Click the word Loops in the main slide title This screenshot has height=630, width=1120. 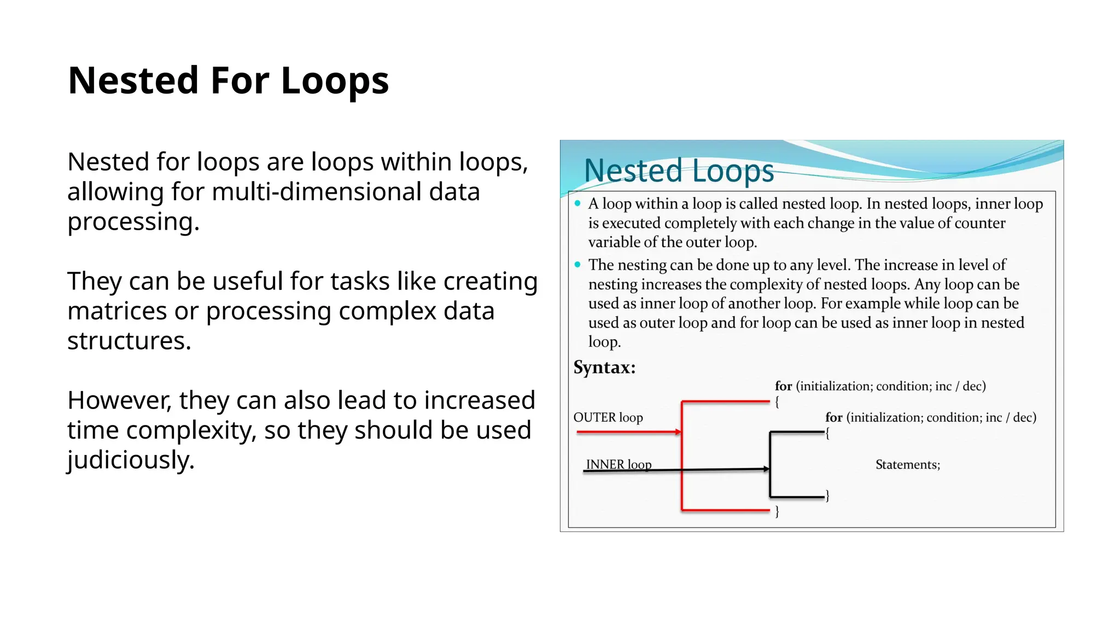pos(335,80)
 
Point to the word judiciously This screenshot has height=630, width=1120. pos(131,460)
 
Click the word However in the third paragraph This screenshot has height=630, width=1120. pos(119,400)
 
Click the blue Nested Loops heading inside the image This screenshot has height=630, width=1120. pos(679,171)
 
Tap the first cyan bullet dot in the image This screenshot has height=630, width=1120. pos(577,203)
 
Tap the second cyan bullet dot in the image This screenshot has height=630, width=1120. pos(577,265)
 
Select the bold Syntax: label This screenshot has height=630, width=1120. pos(604,367)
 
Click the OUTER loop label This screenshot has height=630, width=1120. pos(608,418)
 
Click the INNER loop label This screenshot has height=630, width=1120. pos(619,464)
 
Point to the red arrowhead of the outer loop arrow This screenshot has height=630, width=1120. pos(678,432)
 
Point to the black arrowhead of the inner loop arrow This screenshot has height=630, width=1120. pos(766,469)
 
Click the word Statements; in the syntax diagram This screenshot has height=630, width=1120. pos(908,465)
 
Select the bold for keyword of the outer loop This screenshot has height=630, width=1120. pos(783,386)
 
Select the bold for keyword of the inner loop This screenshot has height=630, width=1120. pos(833,418)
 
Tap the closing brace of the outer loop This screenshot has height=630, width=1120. pos(777,512)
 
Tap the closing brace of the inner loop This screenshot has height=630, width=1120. pos(827,496)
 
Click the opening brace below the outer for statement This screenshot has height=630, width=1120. pos(777,402)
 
